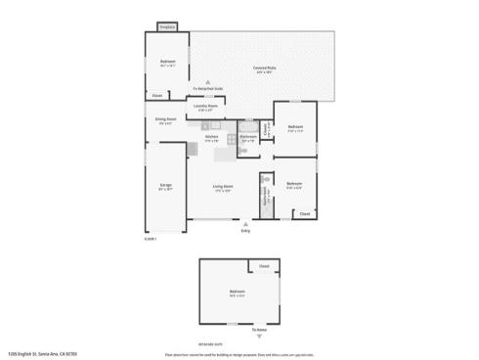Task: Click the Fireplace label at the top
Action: coord(167,27)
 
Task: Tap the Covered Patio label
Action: coord(264,68)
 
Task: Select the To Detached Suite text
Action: coord(207,89)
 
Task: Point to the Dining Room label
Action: coord(164,120)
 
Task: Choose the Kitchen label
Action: coord(211,138)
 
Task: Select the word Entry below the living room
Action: coord(245,231)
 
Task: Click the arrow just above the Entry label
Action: coord(245,223)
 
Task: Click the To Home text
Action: coord(259,330)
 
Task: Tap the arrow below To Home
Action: coord(259,337)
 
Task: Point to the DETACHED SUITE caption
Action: coord(238,345)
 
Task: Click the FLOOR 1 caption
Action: coord(151,238)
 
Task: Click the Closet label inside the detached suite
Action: coord(264,266)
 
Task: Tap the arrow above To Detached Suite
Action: coord(207,82)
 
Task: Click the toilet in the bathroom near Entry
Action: coord(266,181)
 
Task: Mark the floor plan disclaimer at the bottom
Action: coord(239,353)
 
